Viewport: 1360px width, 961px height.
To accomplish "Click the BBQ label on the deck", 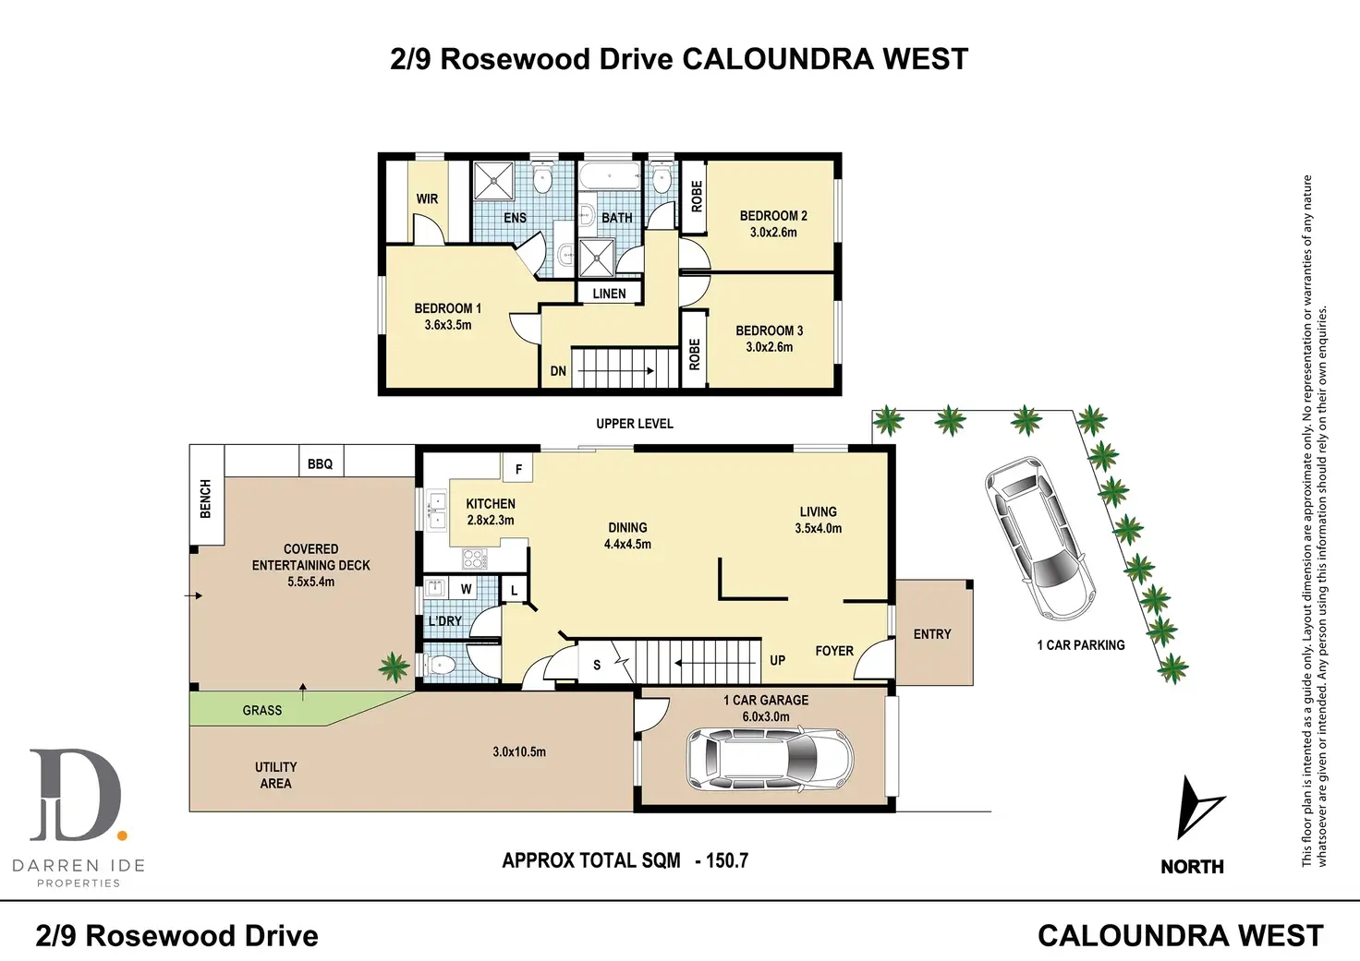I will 320,463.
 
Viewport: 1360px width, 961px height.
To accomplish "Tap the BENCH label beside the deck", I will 205,499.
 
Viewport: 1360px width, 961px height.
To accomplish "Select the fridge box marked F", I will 518,469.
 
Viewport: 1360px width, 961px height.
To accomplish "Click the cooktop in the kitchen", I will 474,558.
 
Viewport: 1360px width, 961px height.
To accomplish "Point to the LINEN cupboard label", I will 609,294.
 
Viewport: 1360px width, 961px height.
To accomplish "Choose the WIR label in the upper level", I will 427,198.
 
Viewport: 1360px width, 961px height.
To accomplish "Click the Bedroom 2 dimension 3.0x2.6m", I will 773,233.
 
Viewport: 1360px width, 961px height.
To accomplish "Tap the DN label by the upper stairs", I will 558,371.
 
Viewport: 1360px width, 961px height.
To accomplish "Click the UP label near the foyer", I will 777,660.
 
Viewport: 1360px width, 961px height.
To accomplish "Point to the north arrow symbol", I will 1198,808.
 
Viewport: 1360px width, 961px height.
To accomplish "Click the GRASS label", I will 262,710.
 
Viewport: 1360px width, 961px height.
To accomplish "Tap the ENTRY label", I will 931,634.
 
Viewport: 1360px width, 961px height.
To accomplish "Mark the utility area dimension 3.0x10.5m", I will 519,751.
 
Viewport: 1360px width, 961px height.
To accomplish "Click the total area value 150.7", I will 726,860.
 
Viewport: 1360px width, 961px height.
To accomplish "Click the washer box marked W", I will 466,589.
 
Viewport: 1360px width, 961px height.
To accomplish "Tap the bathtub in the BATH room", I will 609,177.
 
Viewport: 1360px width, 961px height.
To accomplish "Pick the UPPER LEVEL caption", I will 635,424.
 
